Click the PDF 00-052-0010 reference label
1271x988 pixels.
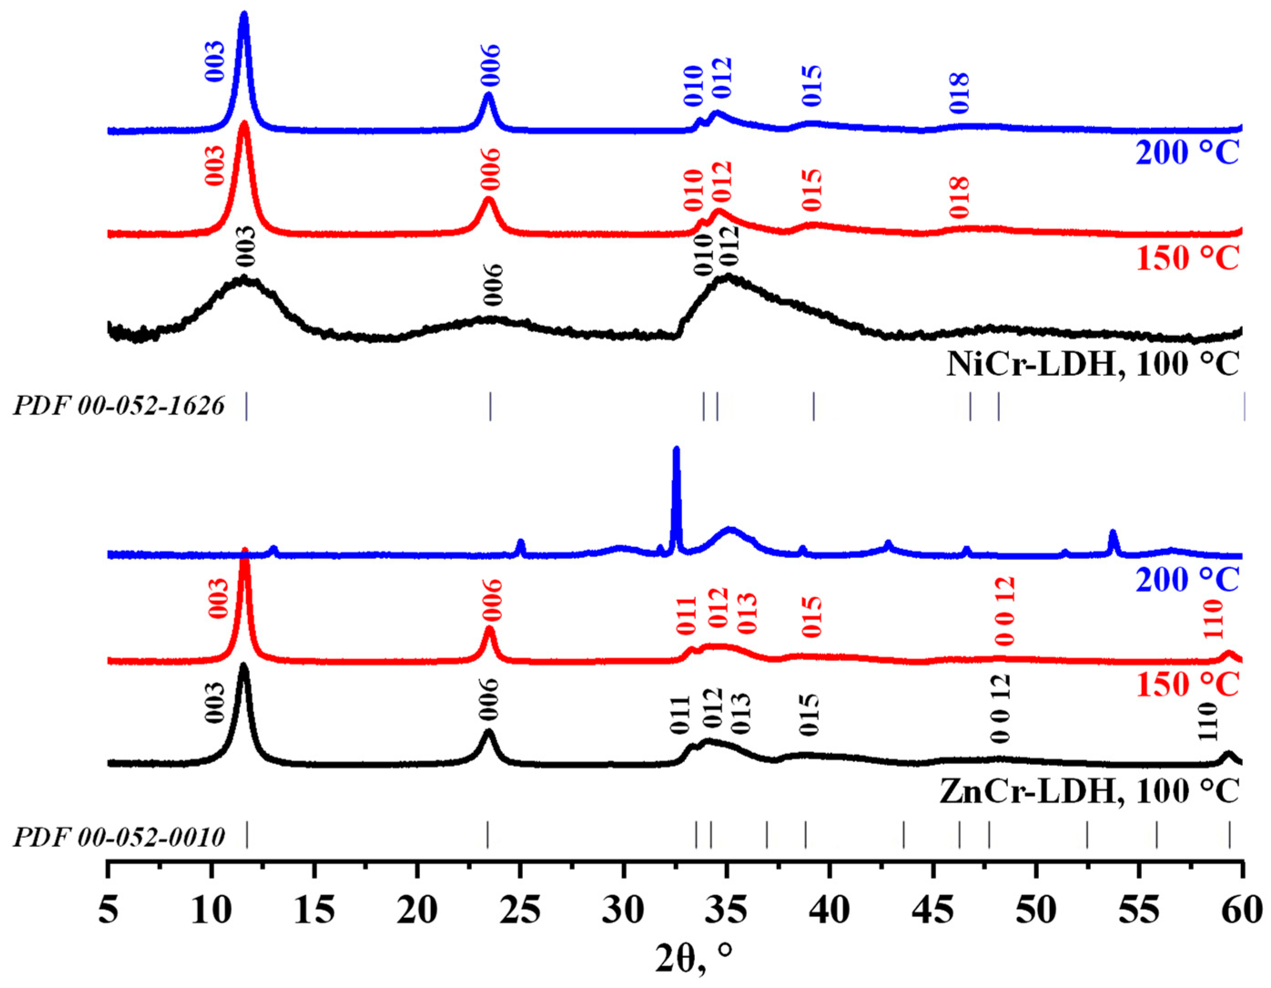[118, 838]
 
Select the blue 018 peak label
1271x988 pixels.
[958, 93]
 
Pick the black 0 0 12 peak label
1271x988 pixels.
[1000, 708]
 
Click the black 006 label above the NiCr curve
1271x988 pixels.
[492, 285]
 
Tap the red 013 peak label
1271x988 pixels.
[747, 614]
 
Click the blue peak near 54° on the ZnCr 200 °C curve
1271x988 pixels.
[1113, 536]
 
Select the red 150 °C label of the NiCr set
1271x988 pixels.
[1187, 259]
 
